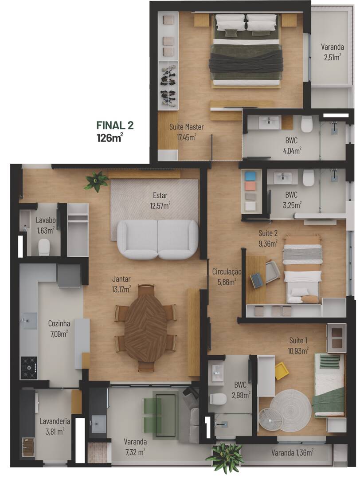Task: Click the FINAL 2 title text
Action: point(115,126)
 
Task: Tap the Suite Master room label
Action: point(186,132)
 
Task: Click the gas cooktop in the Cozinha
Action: point(29,367)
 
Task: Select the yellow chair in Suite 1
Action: point(281,371)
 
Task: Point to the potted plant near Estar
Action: point(96,181)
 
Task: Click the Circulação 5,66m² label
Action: point(226,276)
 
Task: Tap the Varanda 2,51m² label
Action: point(332,52)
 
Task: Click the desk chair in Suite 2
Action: point(271,271)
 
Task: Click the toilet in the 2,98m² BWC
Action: point(217,399)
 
